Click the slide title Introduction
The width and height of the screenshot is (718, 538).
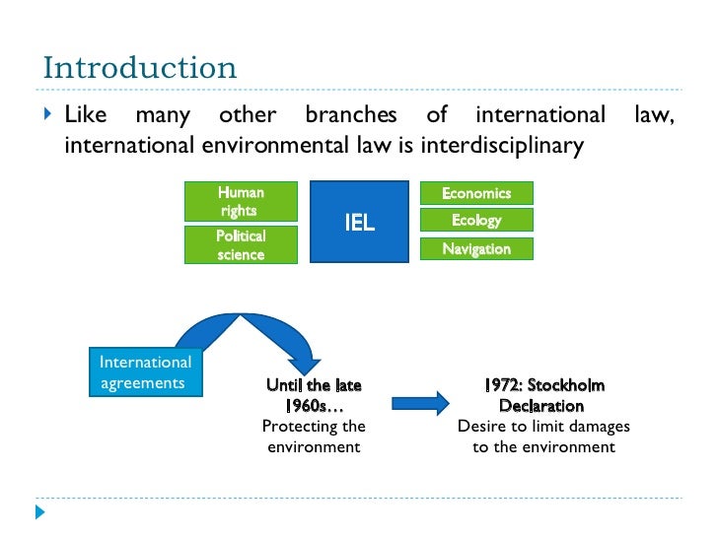(x=140, y=69)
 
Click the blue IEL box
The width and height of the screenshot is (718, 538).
(x=359, y=222)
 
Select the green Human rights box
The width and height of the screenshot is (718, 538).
(x=241, y=201)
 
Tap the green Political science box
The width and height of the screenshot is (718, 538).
(x=241, y=244)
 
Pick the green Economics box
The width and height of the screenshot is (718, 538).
(x=476, y=193)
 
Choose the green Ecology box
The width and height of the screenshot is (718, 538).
(x=476, y=220)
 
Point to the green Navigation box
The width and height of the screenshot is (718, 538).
(x=476, y=248)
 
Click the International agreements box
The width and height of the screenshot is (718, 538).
(x=145, y=371)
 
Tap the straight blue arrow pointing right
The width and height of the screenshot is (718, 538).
(x=419, y=403)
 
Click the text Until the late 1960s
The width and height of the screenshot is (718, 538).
(x=314, y=395)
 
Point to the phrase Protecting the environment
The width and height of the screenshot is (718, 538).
(x=314, y=437)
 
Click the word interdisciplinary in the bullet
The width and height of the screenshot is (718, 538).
(x=503, y=146)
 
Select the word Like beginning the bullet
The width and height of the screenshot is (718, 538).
(x=86, y=116)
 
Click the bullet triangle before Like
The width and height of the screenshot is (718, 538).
(x=48, y=116)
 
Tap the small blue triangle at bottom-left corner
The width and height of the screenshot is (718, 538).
(x=40, y=512)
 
